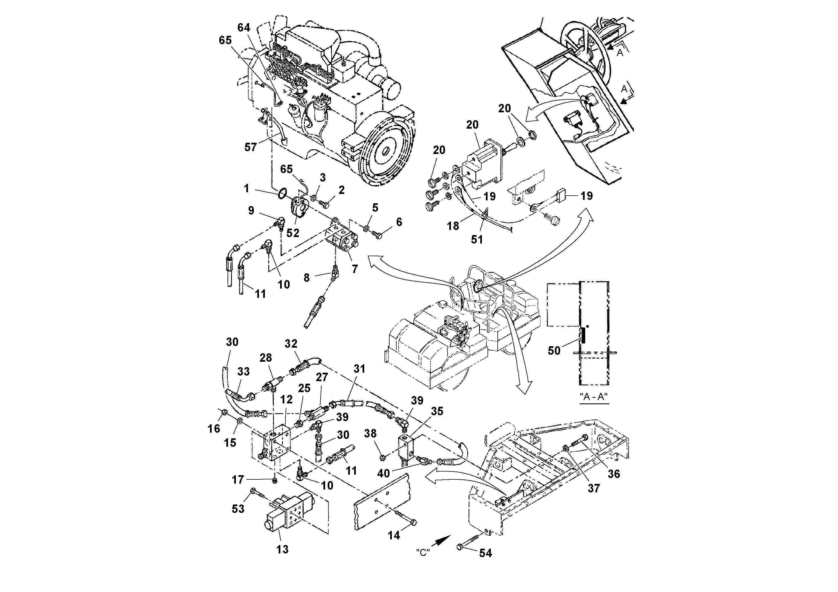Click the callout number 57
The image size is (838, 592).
coord(250,148)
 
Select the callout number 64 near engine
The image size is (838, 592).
coord(244,28)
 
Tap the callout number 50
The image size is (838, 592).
coord(554,351)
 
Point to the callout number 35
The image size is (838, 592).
coord(437,411)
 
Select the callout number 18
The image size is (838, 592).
coord(453,226)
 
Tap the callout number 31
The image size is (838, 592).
coord(359,369)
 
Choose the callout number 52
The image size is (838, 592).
coord(293,233)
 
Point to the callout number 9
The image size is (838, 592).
coord(251,211)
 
